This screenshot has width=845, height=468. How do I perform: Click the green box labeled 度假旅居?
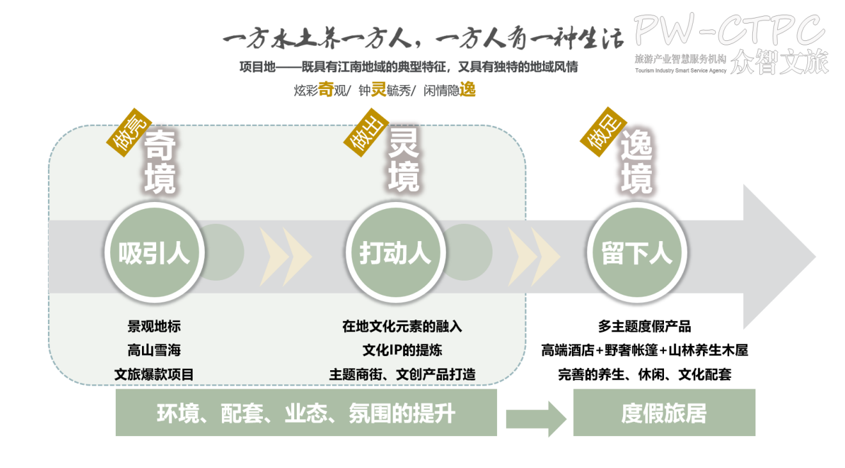664,413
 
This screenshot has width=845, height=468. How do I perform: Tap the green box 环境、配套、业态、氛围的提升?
306,413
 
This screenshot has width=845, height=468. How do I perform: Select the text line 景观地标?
154,326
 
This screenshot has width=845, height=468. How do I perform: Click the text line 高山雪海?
154,350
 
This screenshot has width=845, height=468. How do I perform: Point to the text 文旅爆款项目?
154,375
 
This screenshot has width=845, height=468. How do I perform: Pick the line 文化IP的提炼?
402,350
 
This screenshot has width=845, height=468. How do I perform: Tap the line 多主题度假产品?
644,326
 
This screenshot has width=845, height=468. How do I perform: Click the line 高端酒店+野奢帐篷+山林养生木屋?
644,350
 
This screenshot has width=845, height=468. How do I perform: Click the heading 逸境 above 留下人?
636,163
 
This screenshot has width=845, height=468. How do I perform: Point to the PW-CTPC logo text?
729,29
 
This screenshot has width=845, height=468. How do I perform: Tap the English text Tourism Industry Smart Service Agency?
681,70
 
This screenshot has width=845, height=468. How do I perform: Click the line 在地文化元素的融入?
402,326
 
